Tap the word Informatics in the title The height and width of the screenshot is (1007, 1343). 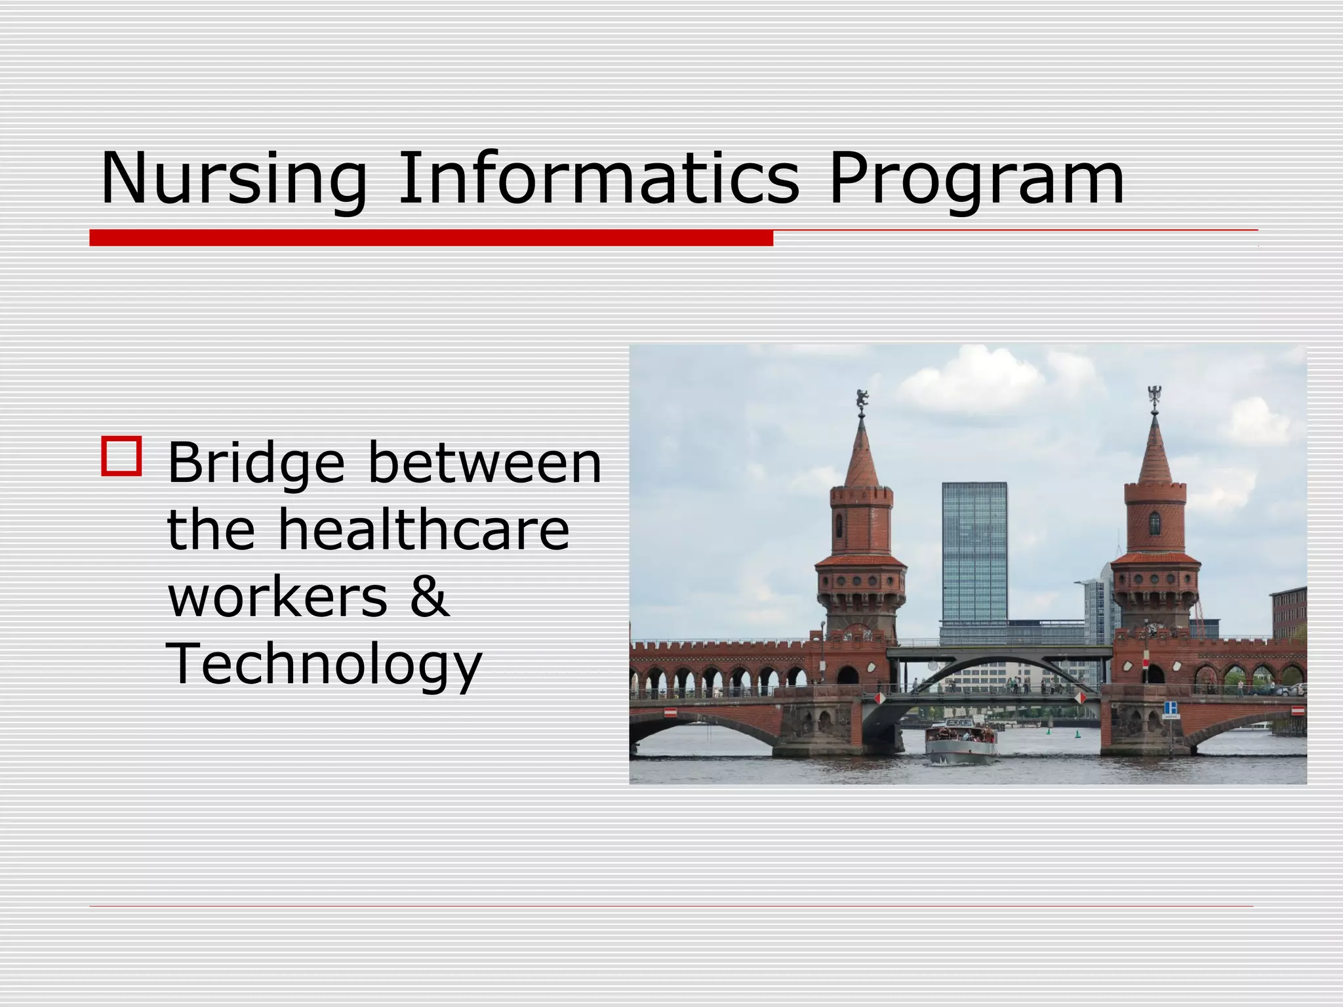click(x=598, y=178)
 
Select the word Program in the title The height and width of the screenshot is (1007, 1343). click(x=976, y=179)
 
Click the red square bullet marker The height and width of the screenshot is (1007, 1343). click(x=121, y=456)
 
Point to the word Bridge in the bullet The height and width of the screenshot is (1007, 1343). click(x=256, y=464)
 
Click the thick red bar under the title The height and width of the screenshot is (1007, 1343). click(x=431, y=238)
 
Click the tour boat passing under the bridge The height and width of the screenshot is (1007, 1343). click(x=961, y=743)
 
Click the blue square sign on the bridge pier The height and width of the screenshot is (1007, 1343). click(x=1171, y=707)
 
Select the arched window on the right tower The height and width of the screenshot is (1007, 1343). click(x=1155, y=523)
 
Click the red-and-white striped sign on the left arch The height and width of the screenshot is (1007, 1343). click(x=670, y=712)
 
